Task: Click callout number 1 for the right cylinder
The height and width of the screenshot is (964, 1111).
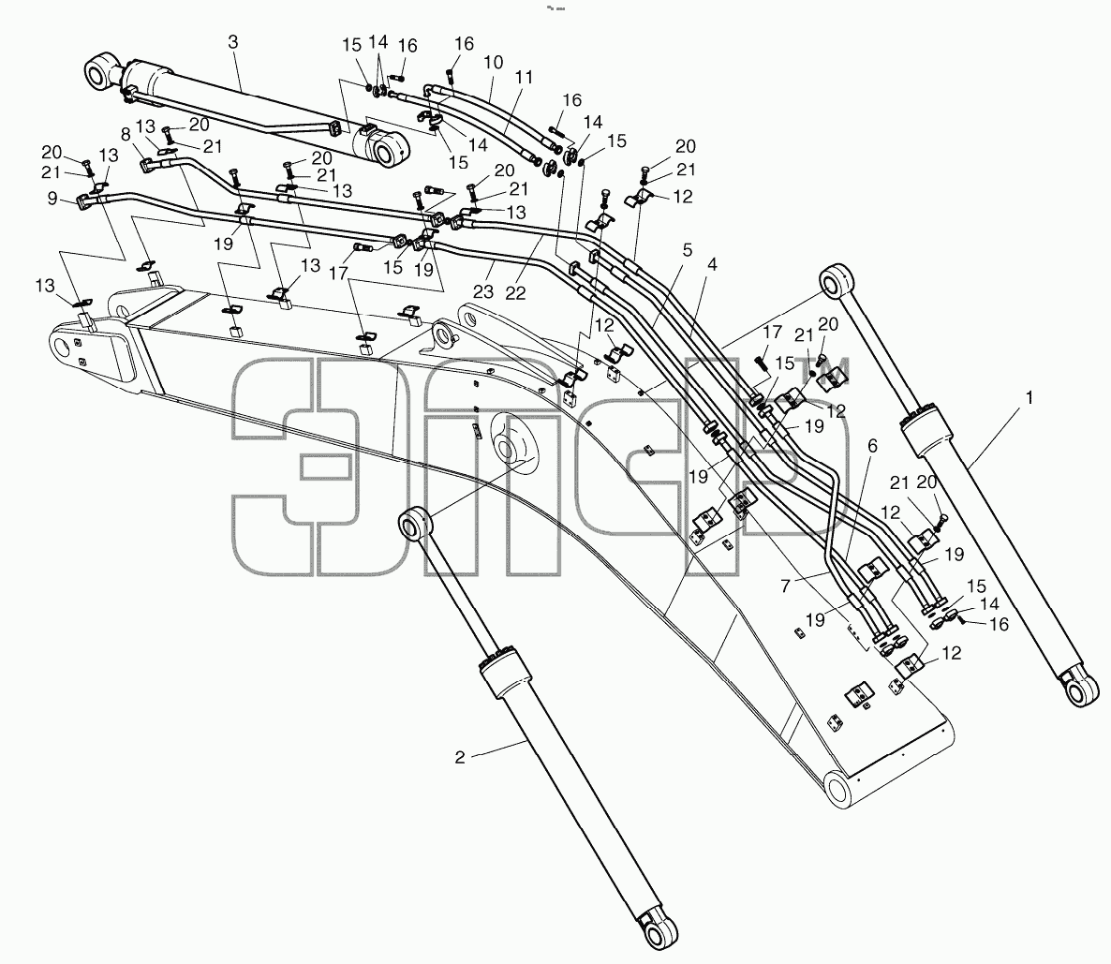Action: [x=1030, y=398]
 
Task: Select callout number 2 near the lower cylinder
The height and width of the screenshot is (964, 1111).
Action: [x=460, y=757]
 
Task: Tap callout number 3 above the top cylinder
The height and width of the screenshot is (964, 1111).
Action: [x=233, y=42]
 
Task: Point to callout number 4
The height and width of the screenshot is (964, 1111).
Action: [x=712, y=264]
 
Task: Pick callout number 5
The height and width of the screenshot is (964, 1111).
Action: [x=688, y=250]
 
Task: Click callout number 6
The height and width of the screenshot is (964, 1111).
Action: [x=872, y=446]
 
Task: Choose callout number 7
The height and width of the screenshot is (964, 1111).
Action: [x=784, y=586]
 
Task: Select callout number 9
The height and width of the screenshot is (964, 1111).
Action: [x=52, y=199]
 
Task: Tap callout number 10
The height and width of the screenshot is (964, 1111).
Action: [x=493, y=63]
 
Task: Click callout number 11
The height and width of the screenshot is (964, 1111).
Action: [x=524, y=77]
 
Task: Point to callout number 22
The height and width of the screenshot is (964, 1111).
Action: [x=515, y=292]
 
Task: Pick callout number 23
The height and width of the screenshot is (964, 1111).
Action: [x=483, y=290]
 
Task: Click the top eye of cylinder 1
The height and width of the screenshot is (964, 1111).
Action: [x=837, y=278]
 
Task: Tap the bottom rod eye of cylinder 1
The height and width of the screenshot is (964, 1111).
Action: [x=1081, y=689]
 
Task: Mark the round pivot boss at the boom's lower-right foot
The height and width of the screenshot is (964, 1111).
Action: [x=841, y=789]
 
